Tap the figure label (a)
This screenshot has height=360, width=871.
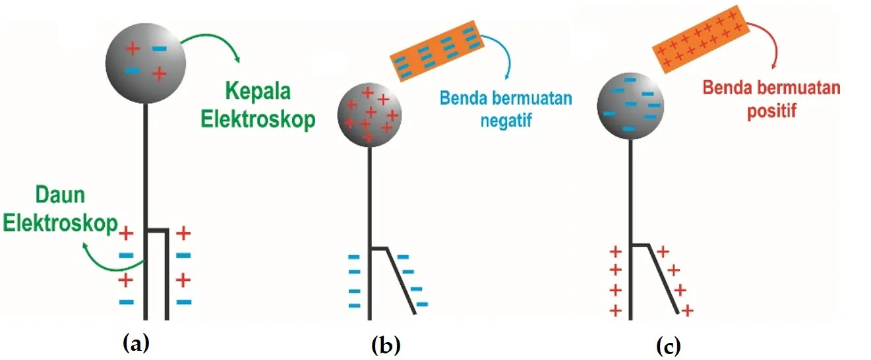pyautogui.click(x=136, y=342)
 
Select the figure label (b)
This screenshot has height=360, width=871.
pyautogui.click(x=386, y=344)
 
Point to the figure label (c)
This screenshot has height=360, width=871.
pyautogui.click(x=667, y=344)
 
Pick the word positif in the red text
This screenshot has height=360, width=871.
pyautogui.click(x=771, y=110)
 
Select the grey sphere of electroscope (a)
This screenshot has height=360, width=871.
pyautogui.click(x=146, y=63)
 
